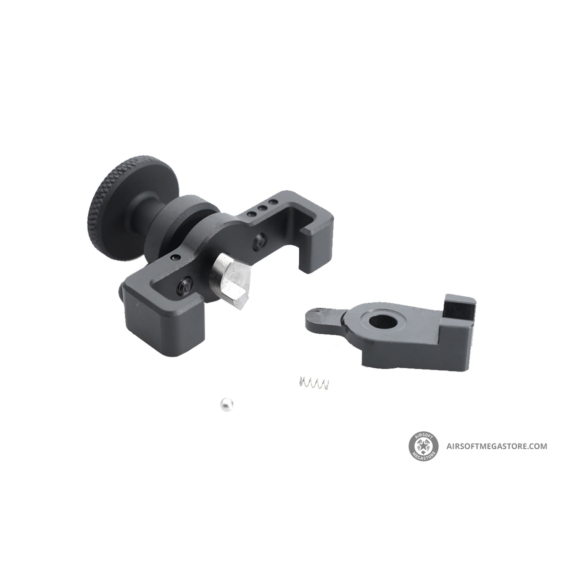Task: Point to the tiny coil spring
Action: [314, 383]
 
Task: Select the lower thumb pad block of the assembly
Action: [165, 318]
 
